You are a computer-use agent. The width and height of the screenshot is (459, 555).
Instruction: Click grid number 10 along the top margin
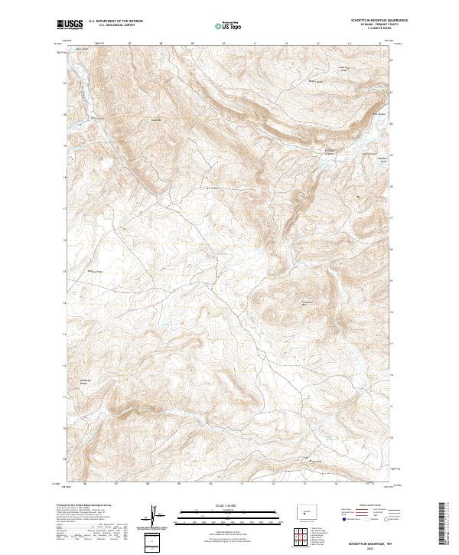(223, 44)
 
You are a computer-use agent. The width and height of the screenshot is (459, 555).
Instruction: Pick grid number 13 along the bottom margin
(304, 484)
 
